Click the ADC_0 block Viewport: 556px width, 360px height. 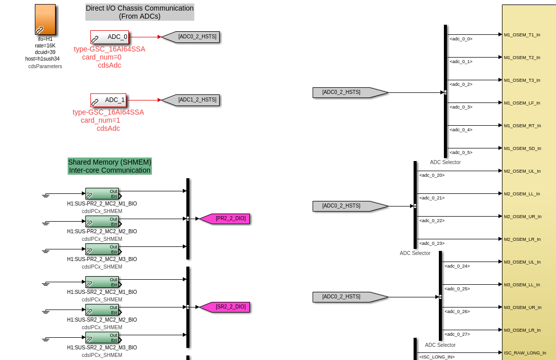pos(110,37)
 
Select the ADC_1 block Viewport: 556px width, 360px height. pos(108,100)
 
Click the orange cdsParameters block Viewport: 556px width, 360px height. pos(45,19)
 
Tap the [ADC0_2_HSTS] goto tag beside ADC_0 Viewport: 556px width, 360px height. pos(191,37)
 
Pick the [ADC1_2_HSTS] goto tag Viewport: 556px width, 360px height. pos(191,100)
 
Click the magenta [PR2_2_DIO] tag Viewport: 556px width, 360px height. pos(225,219)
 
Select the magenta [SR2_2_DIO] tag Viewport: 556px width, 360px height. pos(225,307)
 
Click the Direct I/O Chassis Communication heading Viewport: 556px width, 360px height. pos(139,12)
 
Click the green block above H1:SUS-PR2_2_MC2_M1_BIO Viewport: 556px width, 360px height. pos(102,193)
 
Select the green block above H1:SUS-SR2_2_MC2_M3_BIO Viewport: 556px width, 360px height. pos(102,337)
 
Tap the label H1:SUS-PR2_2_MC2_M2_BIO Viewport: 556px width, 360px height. pos(102,231)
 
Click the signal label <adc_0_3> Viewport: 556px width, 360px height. pos(461,107)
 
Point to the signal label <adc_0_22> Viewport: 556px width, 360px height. pos(431,221)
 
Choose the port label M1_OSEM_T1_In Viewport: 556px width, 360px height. pos(522,35)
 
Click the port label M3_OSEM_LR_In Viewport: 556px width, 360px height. pos(522,330)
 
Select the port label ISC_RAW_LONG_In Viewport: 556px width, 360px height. pos(525,353)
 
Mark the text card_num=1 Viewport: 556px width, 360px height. pos(100,120)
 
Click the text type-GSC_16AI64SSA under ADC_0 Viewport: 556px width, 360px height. pos(110,49)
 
